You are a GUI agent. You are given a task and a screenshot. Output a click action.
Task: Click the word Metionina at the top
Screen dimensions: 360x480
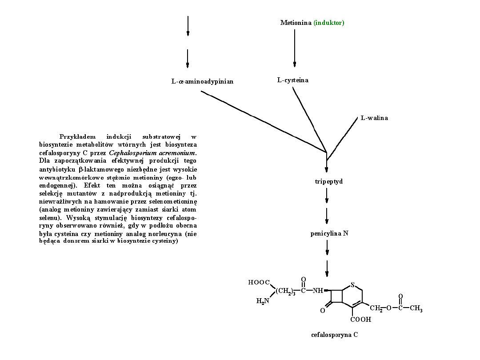296,23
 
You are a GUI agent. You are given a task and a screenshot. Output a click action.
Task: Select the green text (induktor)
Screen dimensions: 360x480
329,23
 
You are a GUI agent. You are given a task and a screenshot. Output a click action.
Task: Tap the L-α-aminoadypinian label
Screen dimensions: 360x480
202,81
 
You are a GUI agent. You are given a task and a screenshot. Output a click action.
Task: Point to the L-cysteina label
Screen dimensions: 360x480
292,80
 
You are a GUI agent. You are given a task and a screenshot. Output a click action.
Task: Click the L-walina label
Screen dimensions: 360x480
374,118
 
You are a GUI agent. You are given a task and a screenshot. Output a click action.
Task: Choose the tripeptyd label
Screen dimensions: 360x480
328,181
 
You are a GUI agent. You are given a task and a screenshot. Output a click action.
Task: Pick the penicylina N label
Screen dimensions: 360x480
329,233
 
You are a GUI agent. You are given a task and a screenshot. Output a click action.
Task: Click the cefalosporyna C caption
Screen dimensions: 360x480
334,335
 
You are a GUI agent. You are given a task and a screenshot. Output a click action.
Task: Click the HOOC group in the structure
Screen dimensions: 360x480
259,282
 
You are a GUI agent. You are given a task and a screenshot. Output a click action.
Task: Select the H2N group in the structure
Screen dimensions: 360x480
263,301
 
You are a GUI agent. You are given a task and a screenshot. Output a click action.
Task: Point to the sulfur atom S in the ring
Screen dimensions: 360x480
352,285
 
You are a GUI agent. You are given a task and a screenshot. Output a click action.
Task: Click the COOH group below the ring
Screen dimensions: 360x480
360,319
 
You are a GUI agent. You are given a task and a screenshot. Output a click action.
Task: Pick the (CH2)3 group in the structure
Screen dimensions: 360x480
285,292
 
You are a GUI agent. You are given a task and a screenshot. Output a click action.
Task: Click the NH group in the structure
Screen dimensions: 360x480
317,291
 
